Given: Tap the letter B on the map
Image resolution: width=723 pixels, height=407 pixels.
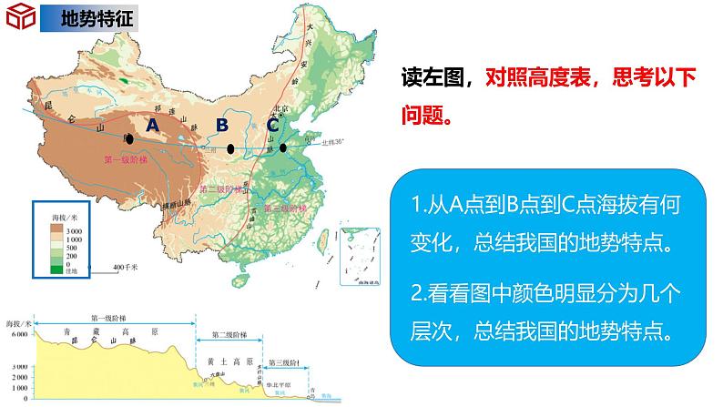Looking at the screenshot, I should pos(222,126).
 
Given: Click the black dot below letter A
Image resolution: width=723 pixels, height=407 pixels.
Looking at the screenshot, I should pos(129,139).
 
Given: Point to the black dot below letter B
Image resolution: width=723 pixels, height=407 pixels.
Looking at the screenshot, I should pos(230,148).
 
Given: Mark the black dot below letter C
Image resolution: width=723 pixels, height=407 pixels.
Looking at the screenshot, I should pos(283,148).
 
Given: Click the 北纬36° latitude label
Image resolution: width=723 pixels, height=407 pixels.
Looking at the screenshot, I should pos(319,142).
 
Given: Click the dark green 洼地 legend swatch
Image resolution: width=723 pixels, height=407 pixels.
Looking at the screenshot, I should pos(56,270).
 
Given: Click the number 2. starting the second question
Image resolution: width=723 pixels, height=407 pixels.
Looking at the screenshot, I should pos(420,293).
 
